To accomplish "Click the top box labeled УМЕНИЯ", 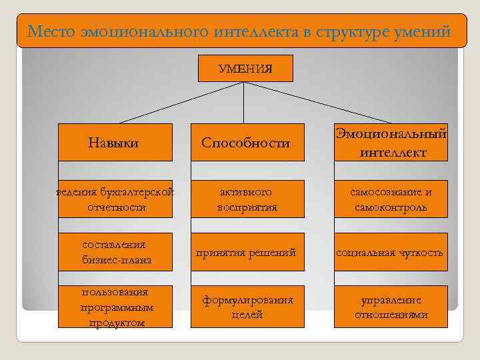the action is pyautogui.click(x=245, y=68).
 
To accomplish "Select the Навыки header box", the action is pyautogui.click(x=115, y=142).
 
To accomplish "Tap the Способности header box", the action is pyautogui.click(x=247, y=142).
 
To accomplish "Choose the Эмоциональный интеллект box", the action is pyautogui.click(x=391, y=142).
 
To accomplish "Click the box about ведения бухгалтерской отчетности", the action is pyautogui.click(x=115, y=199).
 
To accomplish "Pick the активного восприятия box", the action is pyautogui.click(x=247, y=199).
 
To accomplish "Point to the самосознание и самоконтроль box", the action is pyautogui.click(x=391, y=199).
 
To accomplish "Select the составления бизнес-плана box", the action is pyautogui.click(x=115, y=252).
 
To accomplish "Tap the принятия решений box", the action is pyautogui.click(x=247, y=252).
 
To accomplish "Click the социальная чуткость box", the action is pyautogui.click(x=391, y=252).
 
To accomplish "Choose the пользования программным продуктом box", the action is pyautogui.click(x=115, y=307).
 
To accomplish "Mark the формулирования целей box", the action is pyautogui.click(x=247, y=307).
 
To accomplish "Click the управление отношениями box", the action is pyautogui.click(x=391, y=307).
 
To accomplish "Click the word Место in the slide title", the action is pyautogui.click(x=51, y=31).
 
